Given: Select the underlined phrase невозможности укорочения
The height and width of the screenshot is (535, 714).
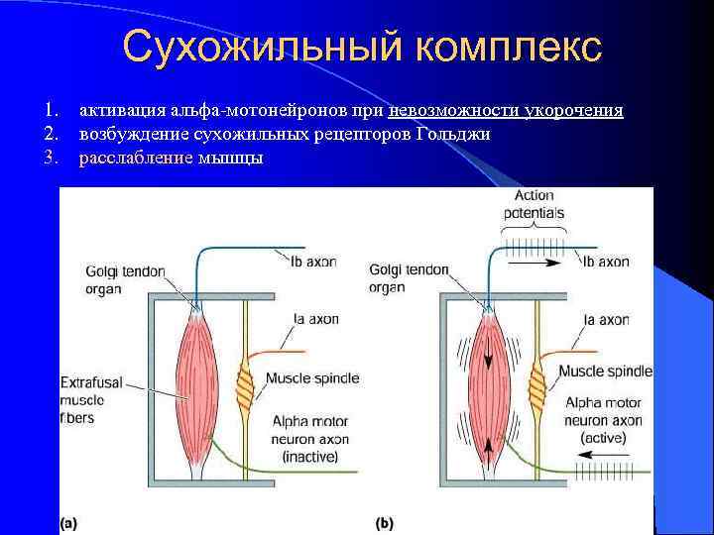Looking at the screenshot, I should coord(507,110).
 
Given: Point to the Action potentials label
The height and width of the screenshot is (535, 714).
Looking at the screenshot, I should coord(534,204).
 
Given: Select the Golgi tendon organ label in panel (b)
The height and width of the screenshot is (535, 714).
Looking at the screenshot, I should coord(409,279).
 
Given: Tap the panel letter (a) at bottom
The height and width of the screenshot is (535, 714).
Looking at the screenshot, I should coord(68,521).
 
